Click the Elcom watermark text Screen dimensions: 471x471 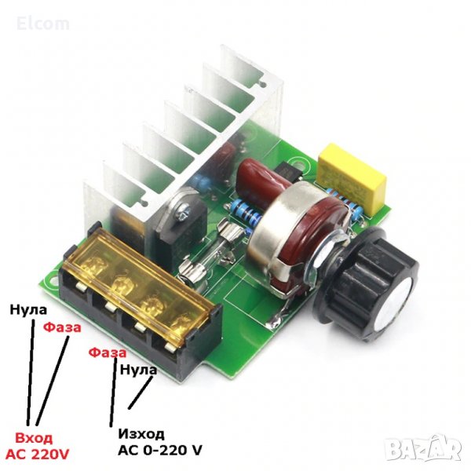coord(43,24)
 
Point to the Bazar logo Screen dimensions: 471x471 coord(423,449)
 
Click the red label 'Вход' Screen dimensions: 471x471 coord(34,439)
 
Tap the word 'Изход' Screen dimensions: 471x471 coord(142,434)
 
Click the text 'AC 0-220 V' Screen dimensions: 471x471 coord(160,450)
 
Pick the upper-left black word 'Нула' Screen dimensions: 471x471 coord(28,310)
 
